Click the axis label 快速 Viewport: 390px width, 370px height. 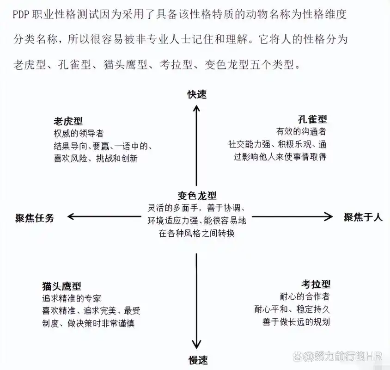197,94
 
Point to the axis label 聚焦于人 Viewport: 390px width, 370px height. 363,217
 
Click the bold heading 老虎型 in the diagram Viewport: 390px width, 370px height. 68,122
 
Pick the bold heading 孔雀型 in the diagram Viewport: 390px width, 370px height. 312,119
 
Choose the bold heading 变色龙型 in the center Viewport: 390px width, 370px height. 197,196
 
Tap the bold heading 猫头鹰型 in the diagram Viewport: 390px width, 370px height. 61,287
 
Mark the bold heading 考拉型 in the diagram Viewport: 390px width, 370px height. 316,284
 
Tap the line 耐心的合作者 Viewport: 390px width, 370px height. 305,296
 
